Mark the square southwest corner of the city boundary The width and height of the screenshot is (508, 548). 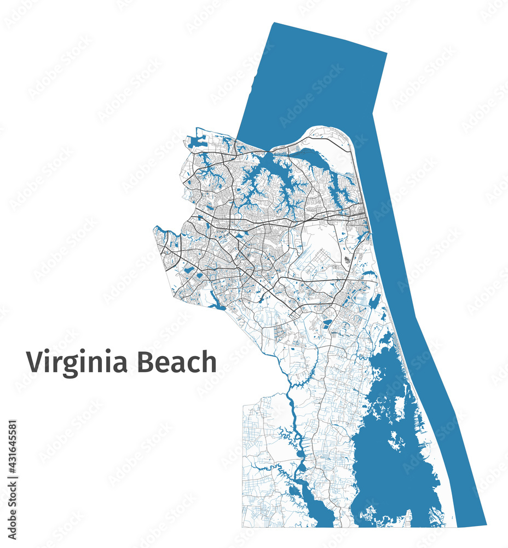(x=243, y=526)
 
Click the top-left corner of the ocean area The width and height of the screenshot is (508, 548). (x=274, y=23)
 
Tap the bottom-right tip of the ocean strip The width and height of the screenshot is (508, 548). (x=485, y=523)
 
